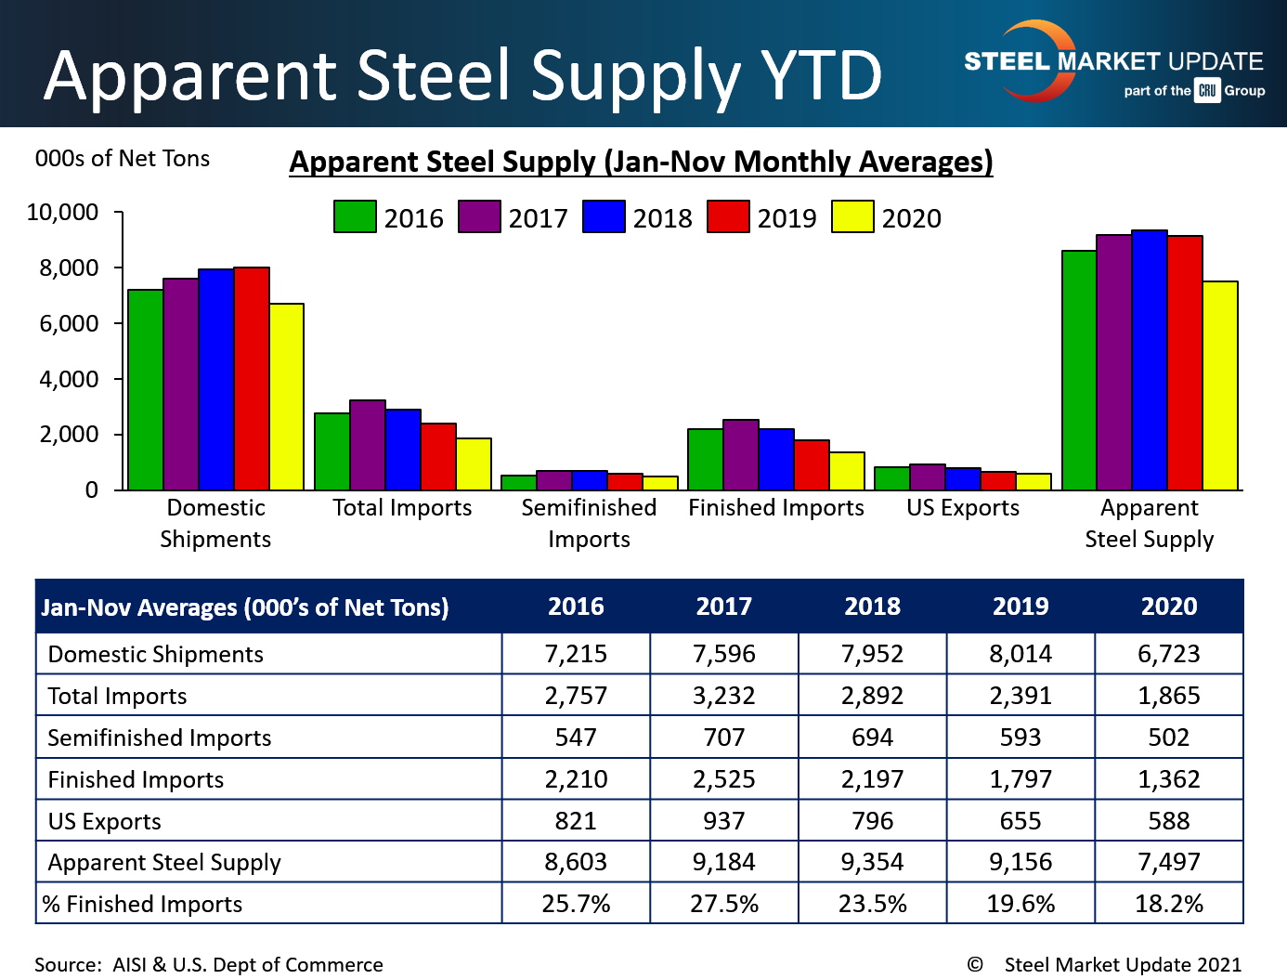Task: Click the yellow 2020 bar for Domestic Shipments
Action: coord(287,397)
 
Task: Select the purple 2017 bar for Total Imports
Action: coord(368,445)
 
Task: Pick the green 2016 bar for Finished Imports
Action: coord(705,459)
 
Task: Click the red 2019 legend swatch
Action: coord(728,216)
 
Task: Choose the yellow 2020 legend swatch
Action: coord(852,216)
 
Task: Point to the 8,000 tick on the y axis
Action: coord(69,268)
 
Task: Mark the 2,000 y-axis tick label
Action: coord(69,435)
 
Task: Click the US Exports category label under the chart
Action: coord(963,508)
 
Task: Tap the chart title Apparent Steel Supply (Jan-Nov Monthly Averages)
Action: coord(641,162)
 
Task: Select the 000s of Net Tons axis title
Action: coord(123,159)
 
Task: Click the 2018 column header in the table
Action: coord(872,607)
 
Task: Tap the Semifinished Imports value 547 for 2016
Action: coord(576,738)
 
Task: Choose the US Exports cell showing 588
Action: coord(1168,821)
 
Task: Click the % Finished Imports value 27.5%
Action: coord(724,904)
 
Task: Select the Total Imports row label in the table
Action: coord(117,696)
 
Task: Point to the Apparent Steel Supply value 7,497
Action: coord(1168,862)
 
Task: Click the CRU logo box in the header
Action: coord(1207,90)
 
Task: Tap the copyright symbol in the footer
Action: coord(974,964)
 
